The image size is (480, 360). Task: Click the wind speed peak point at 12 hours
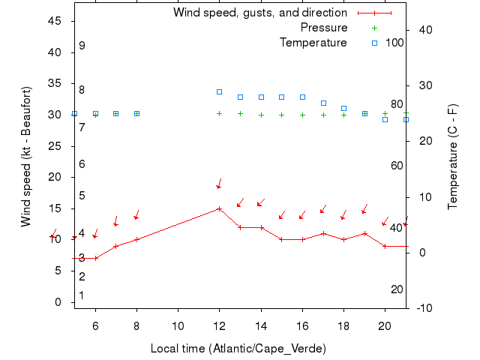coord(219,208)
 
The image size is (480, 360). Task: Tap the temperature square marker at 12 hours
coord(219,91)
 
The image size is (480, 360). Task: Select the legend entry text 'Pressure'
coord(324,28)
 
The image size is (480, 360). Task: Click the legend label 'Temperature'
coord(313,43)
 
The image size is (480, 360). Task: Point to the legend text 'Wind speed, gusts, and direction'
coord(260,13)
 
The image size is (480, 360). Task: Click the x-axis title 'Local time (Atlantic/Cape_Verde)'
coord(238,349)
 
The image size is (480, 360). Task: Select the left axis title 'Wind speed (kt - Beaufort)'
coord(25,156)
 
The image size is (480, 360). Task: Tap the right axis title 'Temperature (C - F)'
coord(454,156)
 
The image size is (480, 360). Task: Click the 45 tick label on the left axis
coord(55,21)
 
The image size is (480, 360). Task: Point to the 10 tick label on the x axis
coord(178,325)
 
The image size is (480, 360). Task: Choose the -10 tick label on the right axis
coord(424,308)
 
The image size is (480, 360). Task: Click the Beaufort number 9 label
coord(82,46)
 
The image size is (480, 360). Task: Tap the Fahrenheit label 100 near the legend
coord(394,43)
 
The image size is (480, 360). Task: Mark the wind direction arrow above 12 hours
coord(219,184)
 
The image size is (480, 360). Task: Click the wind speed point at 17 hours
coord(322,233)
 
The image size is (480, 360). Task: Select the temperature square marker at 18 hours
coord(343,108)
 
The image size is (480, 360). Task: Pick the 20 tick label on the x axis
coord(385,325)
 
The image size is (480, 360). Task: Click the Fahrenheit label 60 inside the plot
coord(397,166)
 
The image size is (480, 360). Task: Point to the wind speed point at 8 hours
coord(136,239)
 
